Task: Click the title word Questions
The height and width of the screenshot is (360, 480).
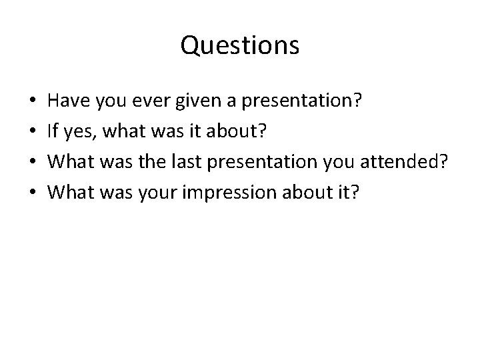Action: point(239,46)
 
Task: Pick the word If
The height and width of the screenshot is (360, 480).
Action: point(55,131)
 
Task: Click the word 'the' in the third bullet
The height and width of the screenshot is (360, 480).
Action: point(163,161)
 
